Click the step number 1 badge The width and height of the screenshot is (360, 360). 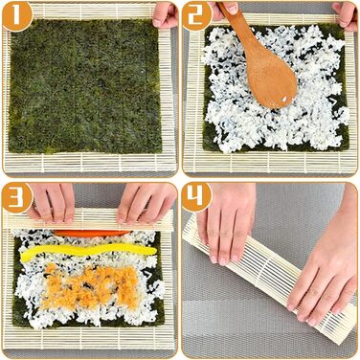pyautogui.click(x=16, y=15)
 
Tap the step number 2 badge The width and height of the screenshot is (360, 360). pyautogui.click(x=197, y=16)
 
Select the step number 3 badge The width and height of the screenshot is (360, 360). pyautogui.click(x=16, y=198)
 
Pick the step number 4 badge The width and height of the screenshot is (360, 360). pyautogui.click(x=197, y=198)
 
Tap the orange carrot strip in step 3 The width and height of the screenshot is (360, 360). pyautogui.click(x=91, y=233)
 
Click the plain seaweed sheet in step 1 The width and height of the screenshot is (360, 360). pyautogui.click(x=85, y=86)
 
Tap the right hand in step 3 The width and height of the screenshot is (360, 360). pyautogui.click(x=146, y=204)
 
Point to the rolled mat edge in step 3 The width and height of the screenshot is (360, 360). pyautogui.click(x=89, y=219)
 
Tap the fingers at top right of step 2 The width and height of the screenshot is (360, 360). pyautogui.click(x=346, y=16)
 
